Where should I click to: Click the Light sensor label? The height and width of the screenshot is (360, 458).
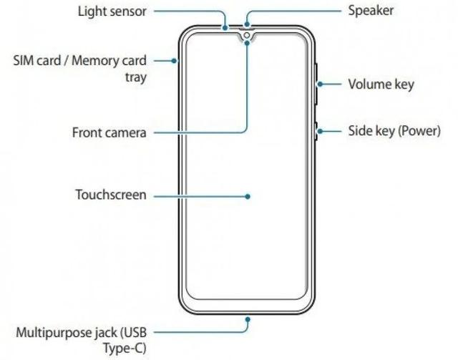click(x=112, y=11)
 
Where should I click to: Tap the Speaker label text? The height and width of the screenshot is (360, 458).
click(x=371, y=11)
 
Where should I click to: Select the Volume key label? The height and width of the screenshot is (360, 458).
click(x=381, y=84)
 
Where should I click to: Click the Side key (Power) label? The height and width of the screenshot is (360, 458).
click(x=394, y=131)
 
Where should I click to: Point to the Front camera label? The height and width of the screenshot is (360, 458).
click(x=109, y=132)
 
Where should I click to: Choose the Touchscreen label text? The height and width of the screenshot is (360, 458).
click(x=111, y=195)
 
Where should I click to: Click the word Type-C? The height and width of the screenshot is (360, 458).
click(x=125, y=349)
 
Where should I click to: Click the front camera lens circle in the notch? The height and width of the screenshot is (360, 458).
click(x=247, y=35)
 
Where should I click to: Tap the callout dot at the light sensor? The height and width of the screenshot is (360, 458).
click(x=225, y=28)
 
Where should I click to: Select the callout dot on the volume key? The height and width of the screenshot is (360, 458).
click(x=320, y=84)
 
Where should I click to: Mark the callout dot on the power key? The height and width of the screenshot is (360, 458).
click(x=320, y=131)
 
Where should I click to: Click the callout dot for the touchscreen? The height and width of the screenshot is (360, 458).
click(x=248, y=197)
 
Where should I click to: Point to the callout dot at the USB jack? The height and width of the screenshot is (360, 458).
click(x=248, y=320)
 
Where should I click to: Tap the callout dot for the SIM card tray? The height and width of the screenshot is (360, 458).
click(x=174, y=61)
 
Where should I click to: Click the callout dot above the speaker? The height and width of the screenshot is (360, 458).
click(x=248, y=24)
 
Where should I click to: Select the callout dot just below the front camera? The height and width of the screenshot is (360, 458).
click(x=247, y=43)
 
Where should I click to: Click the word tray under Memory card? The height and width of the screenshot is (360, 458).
click(x=136, y=77)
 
